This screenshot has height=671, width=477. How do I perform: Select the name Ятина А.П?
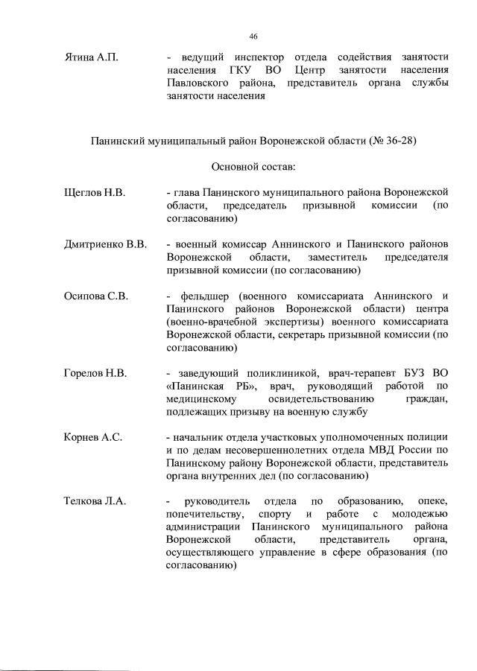(x=92, y=57)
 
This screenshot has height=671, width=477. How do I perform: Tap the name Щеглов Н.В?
(x=95, y=193)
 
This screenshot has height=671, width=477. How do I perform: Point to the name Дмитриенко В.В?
(x=106, y=244)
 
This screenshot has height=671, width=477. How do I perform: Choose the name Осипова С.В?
(x=97, y=296)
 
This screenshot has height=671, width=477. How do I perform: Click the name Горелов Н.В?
(x=96, y=373)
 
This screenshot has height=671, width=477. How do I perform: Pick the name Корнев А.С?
(x=93, y=437)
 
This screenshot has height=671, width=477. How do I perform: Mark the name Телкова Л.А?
(x=95, y=501)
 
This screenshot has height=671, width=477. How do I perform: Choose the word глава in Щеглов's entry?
(x=187, y=193)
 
